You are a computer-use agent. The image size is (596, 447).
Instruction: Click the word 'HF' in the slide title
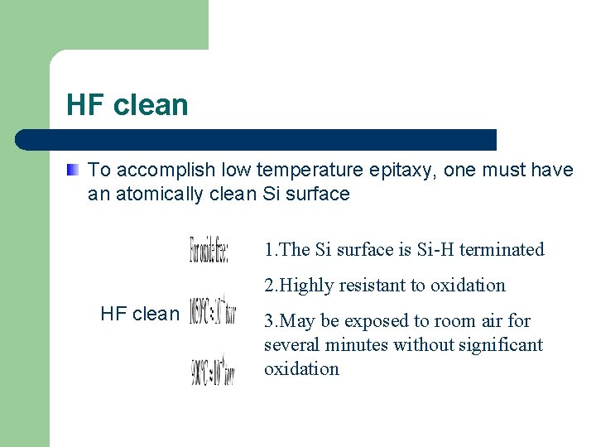coord(82,105)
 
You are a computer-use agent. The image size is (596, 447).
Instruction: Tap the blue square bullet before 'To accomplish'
coord(74,171)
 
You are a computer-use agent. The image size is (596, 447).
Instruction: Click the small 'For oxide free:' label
coord(209,249)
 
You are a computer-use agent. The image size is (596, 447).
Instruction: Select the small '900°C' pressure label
coord(213,370)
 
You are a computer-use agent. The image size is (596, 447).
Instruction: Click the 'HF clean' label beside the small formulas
coord(139,314)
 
